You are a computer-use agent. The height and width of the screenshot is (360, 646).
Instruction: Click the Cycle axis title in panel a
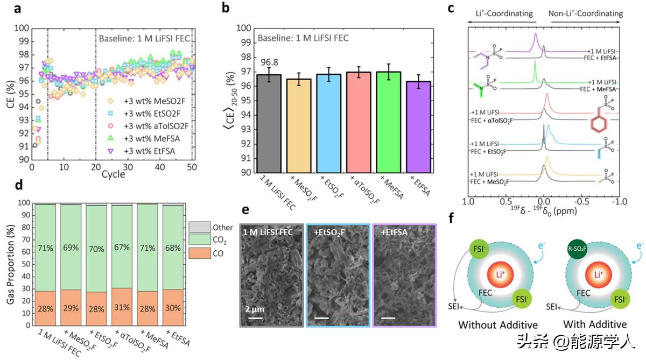point(114,175)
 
